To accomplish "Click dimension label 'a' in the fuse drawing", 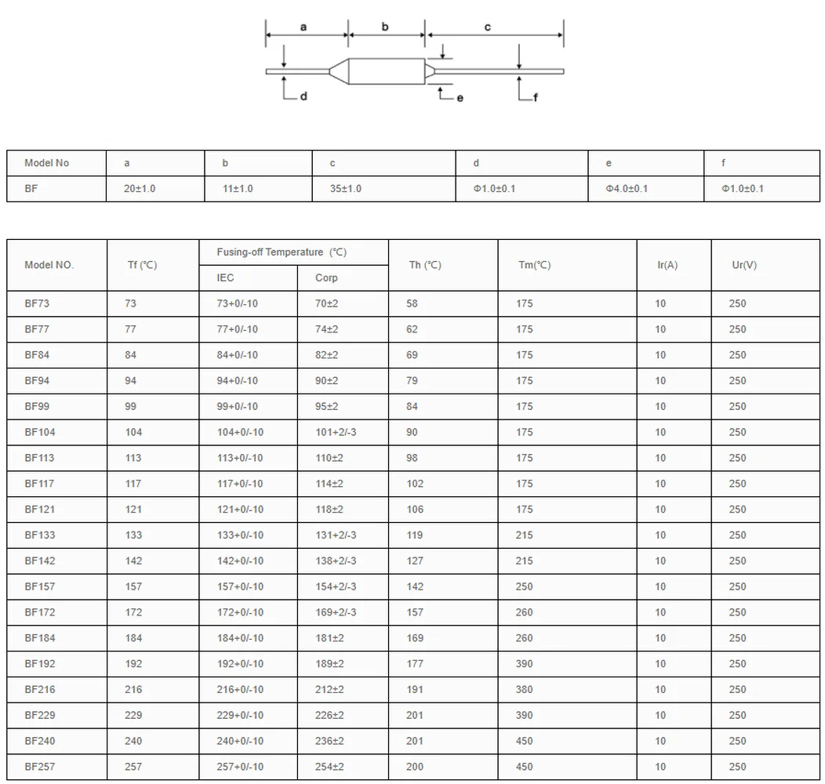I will point(303,27).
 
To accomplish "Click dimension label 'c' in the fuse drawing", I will point(487,27).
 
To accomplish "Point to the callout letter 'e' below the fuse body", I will point(460,98).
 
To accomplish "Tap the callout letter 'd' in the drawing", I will point(303,98).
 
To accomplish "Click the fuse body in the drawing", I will point(384,71).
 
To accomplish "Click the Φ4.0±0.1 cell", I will point(627,189).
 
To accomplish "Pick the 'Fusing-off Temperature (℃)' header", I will point(282,252).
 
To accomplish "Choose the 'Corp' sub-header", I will point(326,278).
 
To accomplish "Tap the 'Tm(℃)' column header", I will point(534,265).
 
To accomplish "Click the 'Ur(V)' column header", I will point(744,265).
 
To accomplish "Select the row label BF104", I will point(40,433).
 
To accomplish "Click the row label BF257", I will point(40,767).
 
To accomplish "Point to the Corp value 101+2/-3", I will point(336,433).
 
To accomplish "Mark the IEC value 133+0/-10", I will point(240,535).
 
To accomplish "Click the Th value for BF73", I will point(412,303).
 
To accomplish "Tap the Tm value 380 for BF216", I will point(525,690).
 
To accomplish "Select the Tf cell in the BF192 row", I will point(133,664).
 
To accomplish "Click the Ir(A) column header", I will point(667,265).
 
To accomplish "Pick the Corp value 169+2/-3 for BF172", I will point(336,612).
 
